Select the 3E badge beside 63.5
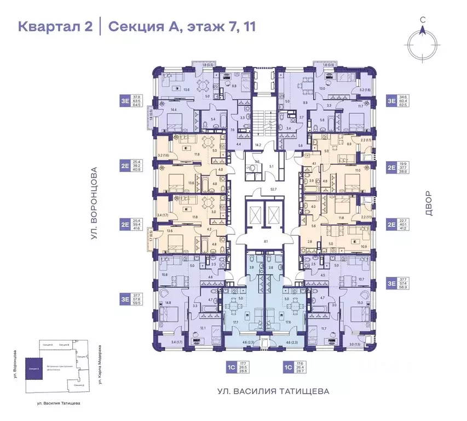pos(125,101)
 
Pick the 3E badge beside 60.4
pos(392,101)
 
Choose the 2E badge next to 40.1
pos(392,223)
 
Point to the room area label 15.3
pos(360,303)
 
